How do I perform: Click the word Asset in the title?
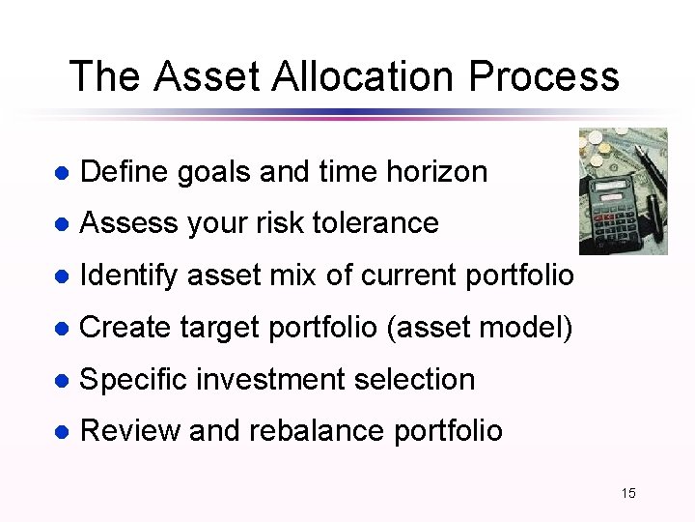tap(204, 76)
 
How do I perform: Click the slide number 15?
tap(628, 494)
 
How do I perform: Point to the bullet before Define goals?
tap(61, 173)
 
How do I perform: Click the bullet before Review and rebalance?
tap(61, 432)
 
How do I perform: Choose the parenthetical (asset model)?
tap(480, 328)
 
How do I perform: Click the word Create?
tap(125, 328)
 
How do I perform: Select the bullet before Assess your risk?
tap(61, 224)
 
